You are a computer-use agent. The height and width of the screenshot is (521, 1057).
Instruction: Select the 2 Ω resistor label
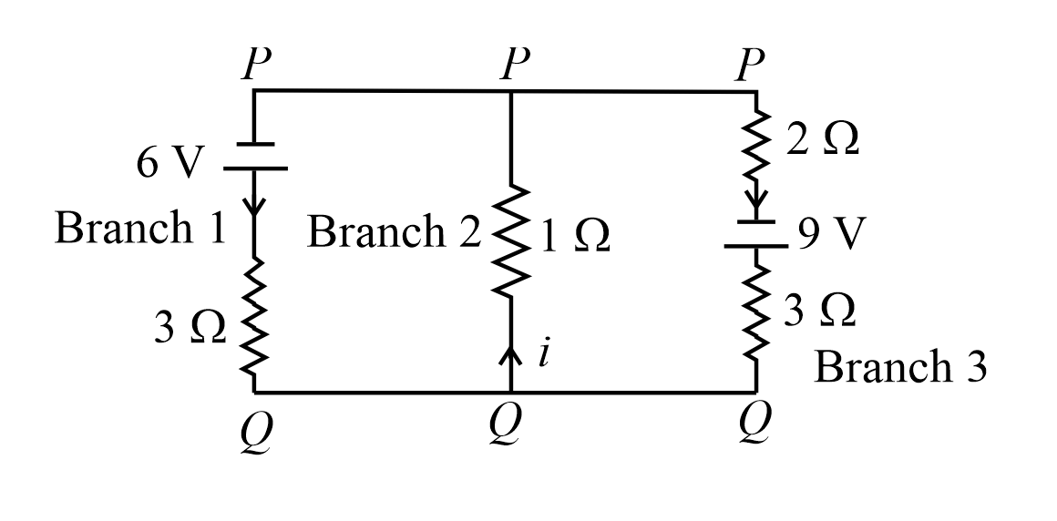tap(823, 144)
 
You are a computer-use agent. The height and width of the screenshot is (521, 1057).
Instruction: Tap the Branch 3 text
tap(900, 367)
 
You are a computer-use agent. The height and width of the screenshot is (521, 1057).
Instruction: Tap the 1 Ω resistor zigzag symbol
tap(511, 241)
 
